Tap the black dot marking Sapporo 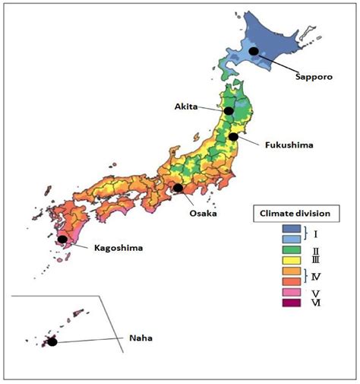click(x=254, y=51)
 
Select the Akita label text click(x=185, y=107)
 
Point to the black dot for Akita click(x=229, y=111)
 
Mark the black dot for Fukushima click(x=235, y=137)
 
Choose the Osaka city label click(x=204, y=214)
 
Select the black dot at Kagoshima click(x=62, y=240)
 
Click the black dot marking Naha click(x=52, y=341)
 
